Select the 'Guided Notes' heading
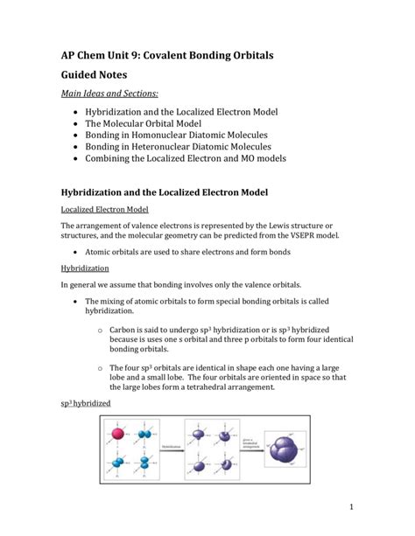pyautogui.click(x=104, y=86)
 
